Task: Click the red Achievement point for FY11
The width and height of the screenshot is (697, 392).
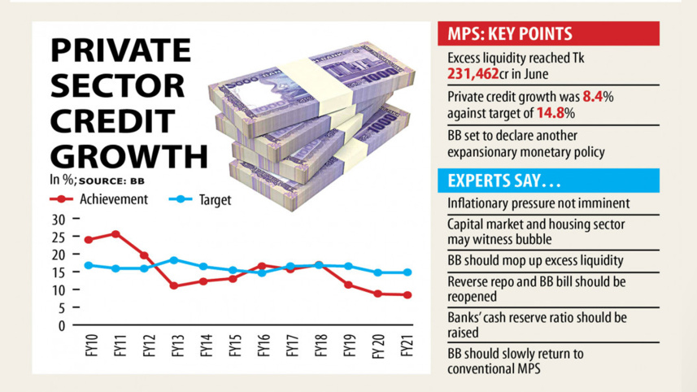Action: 116,234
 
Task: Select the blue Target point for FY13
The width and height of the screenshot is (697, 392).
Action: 173,260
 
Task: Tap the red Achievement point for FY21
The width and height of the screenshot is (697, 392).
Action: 407,295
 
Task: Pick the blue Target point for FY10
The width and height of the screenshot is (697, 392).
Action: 88,265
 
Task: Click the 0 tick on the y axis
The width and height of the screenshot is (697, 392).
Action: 61,325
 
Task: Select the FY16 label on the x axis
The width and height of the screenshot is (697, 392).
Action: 262,346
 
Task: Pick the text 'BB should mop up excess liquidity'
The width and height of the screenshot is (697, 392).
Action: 536,261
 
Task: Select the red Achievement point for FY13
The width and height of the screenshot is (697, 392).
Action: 173,285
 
